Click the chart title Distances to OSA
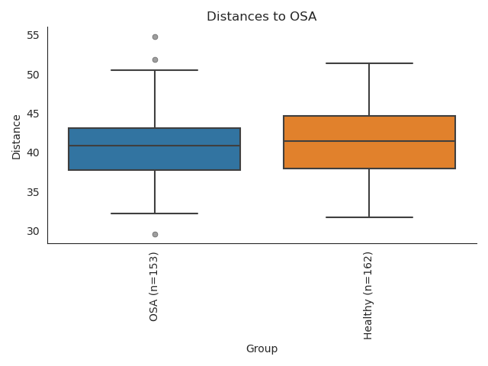point(262,17)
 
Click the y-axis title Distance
point(16,136)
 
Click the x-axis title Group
point(262,348)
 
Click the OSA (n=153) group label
point(154,286)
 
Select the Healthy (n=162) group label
point(368,295)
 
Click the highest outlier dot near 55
point(155,37)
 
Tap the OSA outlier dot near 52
point(155,59)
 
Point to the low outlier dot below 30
point(155,234)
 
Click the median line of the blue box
point(155,146)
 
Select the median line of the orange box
point(369,141)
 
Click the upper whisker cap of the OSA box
point(155,70)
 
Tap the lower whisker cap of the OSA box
point(155,213)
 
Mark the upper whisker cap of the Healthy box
point(369,63)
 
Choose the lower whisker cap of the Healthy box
point(369,217)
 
